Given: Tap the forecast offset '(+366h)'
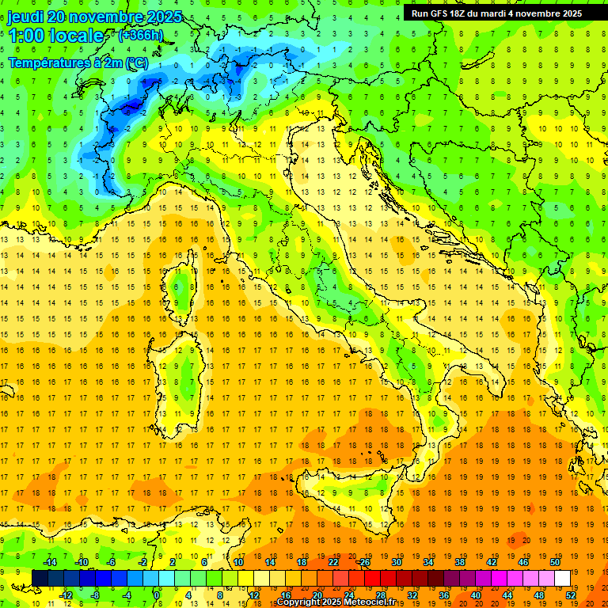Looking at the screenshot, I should pos(140,35).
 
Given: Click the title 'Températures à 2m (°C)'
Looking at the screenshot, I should pos(78,63).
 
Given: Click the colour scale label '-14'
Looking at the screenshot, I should pos(51,562).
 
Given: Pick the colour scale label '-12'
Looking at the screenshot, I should pos(66,595).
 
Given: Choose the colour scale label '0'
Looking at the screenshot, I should pos(157,595).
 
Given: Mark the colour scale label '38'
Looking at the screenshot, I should pos(460,562).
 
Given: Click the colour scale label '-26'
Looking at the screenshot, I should pos(363,562).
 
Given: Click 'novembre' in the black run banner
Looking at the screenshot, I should pos(552,13).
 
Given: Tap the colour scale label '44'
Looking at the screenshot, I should pos(507,595).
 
